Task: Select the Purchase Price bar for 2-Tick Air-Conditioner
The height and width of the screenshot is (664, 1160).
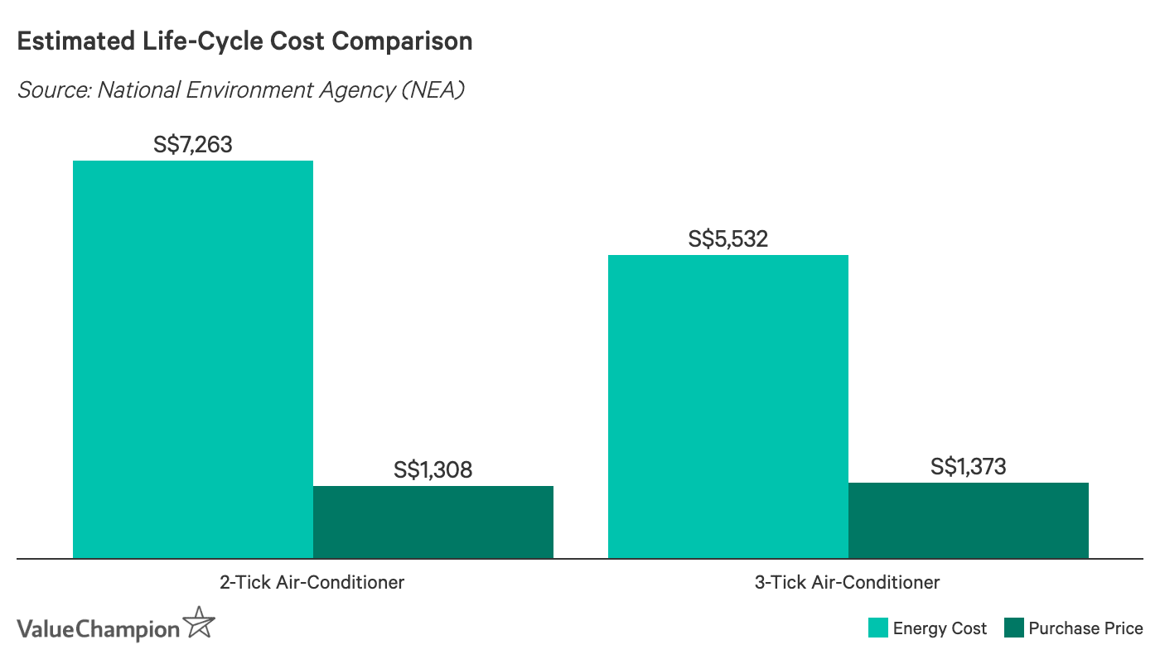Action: tap(433, 522)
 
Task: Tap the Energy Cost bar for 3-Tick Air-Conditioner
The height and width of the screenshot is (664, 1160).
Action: tap(728, 407)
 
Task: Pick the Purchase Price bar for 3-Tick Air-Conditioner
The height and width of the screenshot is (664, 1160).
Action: tap(969, 521)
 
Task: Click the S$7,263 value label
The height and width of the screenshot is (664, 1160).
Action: tap(193, 145)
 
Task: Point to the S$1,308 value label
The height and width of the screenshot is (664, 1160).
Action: tap(433, 470)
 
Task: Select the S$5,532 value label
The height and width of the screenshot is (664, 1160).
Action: tap(728, 239)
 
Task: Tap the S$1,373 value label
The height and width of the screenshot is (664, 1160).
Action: tap(969, 467)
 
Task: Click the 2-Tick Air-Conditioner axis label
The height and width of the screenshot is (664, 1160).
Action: tap(312, 582)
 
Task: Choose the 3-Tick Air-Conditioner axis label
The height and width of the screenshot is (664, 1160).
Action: tap(848, 582)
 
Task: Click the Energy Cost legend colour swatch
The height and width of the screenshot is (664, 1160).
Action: tap(877, 628)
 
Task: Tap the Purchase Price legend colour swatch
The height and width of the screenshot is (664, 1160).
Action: tap(1013, 628)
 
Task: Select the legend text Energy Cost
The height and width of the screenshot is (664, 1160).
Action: tap(940, 628)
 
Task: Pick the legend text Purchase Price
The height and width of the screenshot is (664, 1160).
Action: tap(1085, 628)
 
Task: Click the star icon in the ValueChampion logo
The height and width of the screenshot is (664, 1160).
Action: tap(200, 623)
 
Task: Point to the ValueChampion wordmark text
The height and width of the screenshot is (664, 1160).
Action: tap(98, 629)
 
